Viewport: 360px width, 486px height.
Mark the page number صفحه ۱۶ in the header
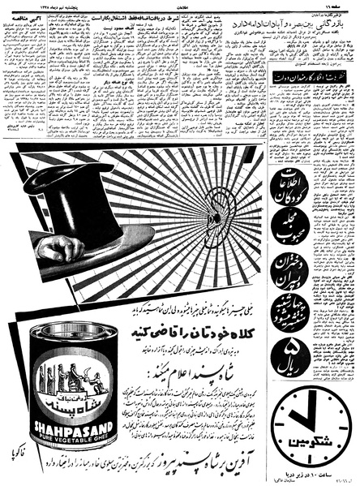[x=344, y=7]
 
